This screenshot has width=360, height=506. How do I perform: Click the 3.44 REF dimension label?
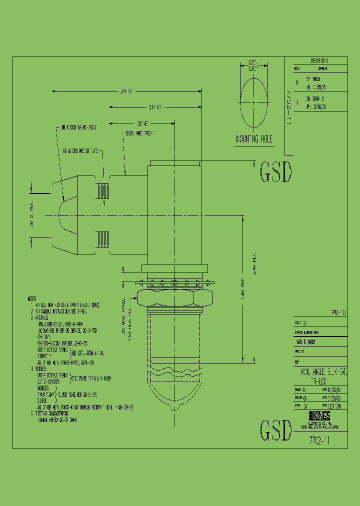[127, 91]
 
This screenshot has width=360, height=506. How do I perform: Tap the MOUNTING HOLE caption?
[254, 140]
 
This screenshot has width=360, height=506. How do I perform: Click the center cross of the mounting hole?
[254, 103]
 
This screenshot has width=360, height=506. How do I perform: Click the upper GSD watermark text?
[275, 173]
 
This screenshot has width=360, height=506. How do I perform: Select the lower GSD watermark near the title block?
[275, 430]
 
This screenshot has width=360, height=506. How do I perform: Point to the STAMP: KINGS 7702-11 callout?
[140, 133]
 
